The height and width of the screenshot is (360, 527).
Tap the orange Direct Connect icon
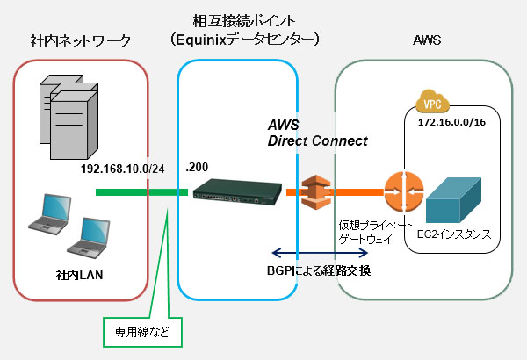coord(314,190)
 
